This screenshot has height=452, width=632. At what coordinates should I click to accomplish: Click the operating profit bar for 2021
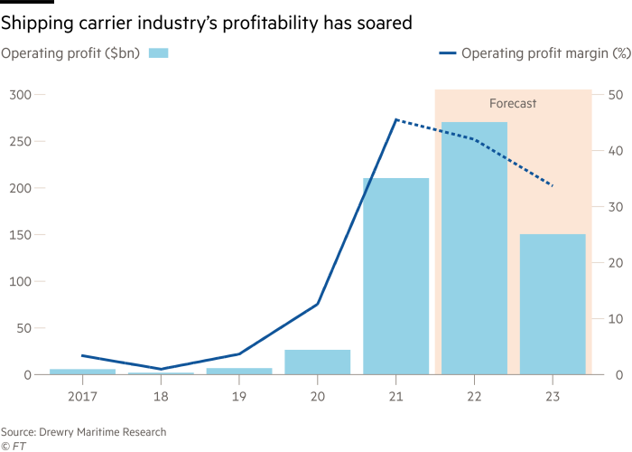(x=395, y=276)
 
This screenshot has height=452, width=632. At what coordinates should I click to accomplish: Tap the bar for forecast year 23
(x=553, y=304)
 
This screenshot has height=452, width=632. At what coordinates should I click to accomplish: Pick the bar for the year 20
(x=318, y=362)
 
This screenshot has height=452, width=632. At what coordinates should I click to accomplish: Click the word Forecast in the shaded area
(x=513, y=104)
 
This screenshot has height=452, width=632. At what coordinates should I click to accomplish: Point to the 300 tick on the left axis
(x=20, y=95)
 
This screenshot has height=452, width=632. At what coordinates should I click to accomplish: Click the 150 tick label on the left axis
(x=20, y=235)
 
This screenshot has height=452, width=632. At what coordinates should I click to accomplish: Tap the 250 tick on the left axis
(x=20, y=142)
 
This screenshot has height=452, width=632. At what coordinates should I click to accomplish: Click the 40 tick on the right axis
(x=614, y=151)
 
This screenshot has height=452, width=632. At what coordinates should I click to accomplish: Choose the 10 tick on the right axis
(x=614, y=319)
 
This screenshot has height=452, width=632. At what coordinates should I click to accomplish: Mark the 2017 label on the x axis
(x=82, y=395)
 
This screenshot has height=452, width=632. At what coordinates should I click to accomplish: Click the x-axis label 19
(x=239, y=395)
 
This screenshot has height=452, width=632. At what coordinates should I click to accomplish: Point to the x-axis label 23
(x=553, y=395)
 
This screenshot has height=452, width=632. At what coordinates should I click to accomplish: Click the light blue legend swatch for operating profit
(x=158, y=53)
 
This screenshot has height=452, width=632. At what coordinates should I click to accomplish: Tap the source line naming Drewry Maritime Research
(x=83, y=432)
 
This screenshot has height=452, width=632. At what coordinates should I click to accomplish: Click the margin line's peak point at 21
(x=395, y=118)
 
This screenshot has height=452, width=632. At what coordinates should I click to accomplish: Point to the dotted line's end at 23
(x=553, y=186)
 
